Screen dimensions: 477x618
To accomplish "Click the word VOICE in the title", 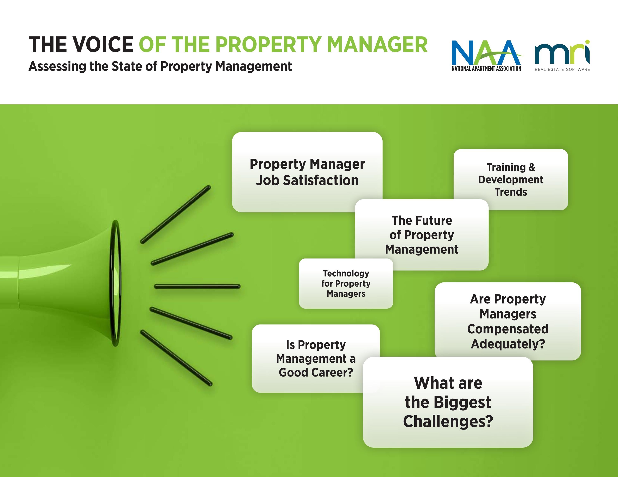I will click(x=102, y=45).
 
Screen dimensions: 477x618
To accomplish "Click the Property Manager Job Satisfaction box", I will click(x=307, y=172).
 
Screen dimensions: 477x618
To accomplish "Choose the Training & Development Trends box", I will click(x=510, y=179).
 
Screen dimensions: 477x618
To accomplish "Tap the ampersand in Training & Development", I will click(x=532, y=167).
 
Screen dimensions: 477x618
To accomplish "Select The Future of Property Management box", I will click(x=422, y=235).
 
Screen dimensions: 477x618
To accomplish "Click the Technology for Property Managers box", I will click(x=346, y=283).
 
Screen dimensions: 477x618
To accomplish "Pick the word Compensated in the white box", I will click(x=508, y=329).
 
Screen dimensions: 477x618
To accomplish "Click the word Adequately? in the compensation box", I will click(x=508, y=344).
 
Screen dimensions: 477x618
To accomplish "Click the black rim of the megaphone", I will click(x=115, y=283).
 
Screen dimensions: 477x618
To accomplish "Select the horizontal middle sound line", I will click(x=197, y=287).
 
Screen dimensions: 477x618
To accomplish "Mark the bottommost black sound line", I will click(x=176, y=358).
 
